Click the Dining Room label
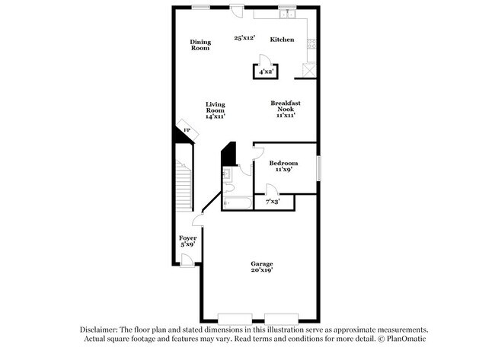(200, 45)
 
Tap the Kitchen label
(282, 40)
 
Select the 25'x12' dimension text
(244, 37)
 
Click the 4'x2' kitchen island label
(266, 72)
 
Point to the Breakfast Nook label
(285, 107)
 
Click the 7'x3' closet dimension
(272, 202)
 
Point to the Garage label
(262, 264)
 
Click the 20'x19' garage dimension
(262, 270)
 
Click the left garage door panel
(239, 317)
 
